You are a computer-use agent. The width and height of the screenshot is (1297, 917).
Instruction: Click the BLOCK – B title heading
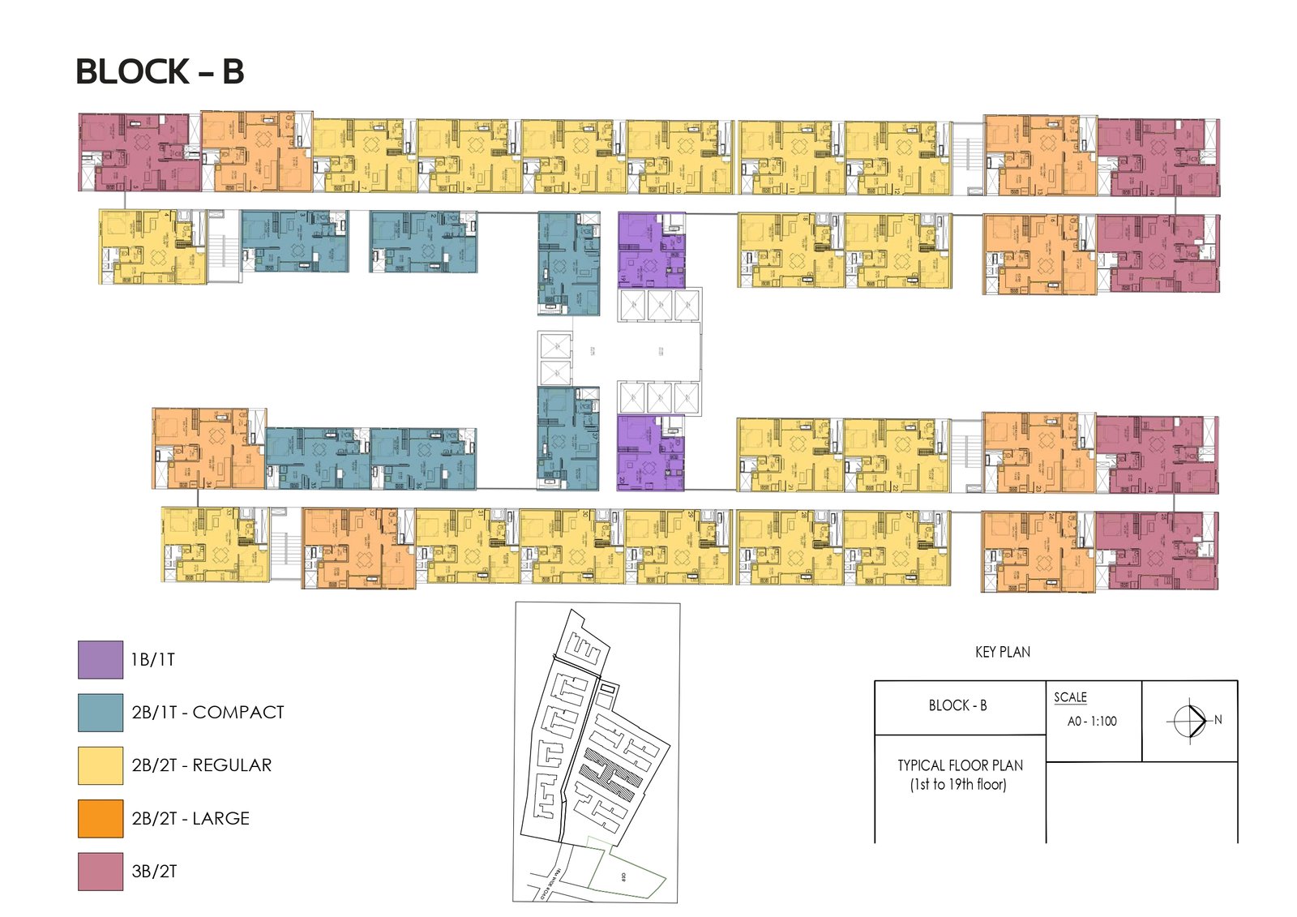(160, 72)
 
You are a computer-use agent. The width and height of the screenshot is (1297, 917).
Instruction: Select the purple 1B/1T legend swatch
(101, 659)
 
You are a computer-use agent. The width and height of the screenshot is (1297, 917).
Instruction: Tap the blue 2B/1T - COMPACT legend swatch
(101, 712)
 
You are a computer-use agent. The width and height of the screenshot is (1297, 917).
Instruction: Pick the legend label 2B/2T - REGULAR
(202, 765)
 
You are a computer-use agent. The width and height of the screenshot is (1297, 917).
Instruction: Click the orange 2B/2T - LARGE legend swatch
(101, 818)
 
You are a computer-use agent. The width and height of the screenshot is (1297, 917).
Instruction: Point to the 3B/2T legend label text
(154, 872)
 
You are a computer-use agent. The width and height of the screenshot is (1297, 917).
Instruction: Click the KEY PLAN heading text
(1003, 652)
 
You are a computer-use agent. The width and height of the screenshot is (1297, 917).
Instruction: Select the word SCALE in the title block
(1070, 697)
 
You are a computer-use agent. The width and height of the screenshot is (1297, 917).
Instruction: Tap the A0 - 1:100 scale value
(1092, 721)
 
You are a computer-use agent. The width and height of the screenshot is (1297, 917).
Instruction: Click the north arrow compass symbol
(1190, 719)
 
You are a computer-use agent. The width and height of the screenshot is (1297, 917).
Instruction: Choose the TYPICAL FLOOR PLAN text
(960, 765)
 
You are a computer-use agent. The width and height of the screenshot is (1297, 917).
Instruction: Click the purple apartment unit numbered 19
(651, 251)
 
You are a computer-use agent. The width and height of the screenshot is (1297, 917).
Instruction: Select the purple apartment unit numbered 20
(650, 453)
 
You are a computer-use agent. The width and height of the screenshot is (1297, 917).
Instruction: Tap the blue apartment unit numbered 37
(568, 439)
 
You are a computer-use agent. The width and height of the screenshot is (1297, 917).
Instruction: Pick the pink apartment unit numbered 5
(140, 152)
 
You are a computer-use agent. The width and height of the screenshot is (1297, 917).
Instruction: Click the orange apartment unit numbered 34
(208, 448)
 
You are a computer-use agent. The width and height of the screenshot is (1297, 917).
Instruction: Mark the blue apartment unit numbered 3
(295, 241)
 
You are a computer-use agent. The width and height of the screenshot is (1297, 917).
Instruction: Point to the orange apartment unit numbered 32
(358, 548)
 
